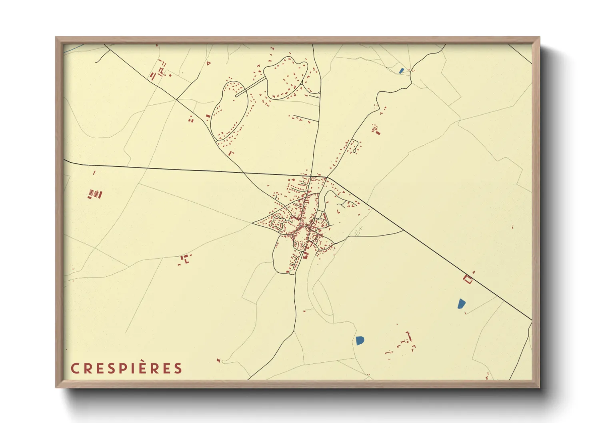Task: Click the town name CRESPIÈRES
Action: [126, 368]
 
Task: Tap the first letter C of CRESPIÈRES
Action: [74, 368]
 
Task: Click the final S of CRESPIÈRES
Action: [178, 368]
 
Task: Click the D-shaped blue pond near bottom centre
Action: [360, 341]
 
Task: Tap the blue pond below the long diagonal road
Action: [461, 304]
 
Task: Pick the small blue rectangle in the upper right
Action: [402, 71]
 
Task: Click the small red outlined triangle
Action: [208, 63]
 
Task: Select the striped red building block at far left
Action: [95, 194]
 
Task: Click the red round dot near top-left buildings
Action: [170, 75]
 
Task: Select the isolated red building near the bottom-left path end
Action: [218, 361]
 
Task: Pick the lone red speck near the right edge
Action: [513, 227]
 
